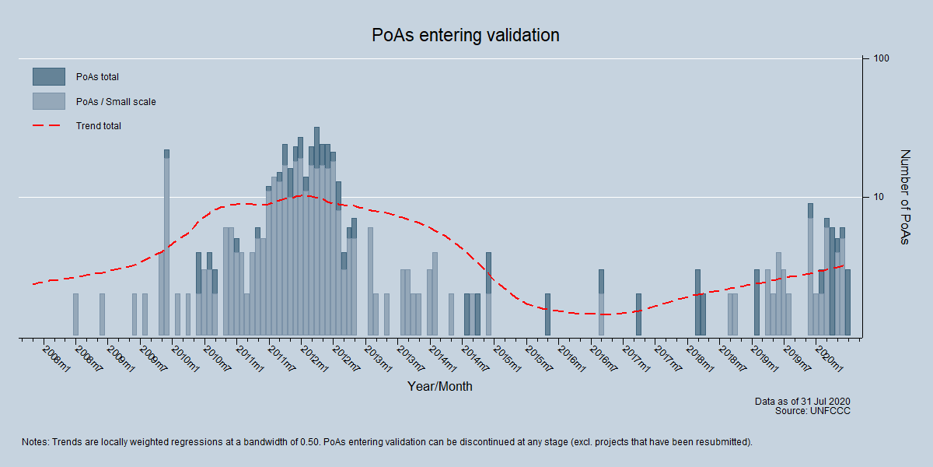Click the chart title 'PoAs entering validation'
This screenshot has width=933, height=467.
[x=465, y=36]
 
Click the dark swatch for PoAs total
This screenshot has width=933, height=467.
[x=48, y=76]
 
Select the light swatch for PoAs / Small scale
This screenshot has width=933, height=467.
[x=48, y=101]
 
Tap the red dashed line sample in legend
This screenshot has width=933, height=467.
[x=48, y=126]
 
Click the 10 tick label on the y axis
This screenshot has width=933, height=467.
[x=878, y=197]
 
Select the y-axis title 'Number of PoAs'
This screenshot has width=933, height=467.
[x=903, y=197]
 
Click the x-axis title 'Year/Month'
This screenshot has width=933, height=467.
[x=439, y=386]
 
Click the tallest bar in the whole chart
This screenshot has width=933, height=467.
[x=316, y=233]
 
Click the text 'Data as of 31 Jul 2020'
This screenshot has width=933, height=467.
[x=802, y=402]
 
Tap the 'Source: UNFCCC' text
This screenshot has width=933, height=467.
[x=812, y=411]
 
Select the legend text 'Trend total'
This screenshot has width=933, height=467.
[x=98, y=126]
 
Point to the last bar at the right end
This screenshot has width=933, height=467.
[x=847, y=304]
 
